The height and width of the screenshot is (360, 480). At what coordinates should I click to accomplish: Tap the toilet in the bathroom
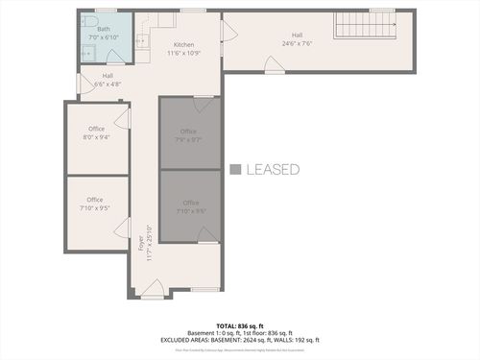tap(87, 20)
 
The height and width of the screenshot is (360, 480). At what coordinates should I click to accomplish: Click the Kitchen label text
tap(183, 45)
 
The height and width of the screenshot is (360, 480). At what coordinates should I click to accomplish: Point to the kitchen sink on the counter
tap(141, 40)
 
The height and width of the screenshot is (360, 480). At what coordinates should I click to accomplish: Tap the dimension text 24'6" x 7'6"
tap(297, 44)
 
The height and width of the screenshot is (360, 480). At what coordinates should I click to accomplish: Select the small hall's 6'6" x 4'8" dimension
tap(108, 84)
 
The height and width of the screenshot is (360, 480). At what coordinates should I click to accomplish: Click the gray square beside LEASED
tap(235, 170)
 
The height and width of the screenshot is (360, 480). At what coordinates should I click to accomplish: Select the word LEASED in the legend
tap(273, 170)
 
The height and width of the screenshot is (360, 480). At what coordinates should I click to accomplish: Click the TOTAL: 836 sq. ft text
tap(240, 325)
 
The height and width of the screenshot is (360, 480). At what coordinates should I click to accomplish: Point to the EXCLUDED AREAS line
tap(240, 340)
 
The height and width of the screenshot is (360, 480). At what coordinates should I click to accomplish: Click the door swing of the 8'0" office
tap(122, 117)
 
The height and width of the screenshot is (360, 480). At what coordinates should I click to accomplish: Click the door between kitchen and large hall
tap(228, 32)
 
